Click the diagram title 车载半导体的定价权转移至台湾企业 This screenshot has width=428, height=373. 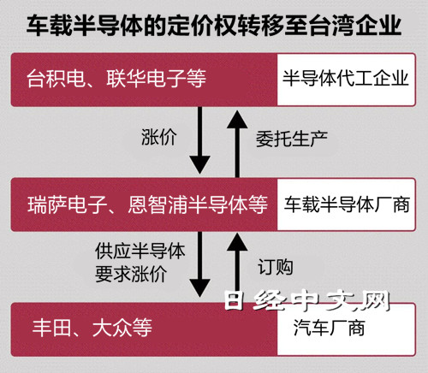[x=214, y=26]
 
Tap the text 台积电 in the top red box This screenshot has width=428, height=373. [x=56, y=78]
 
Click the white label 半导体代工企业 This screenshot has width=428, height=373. [x=346, y=78]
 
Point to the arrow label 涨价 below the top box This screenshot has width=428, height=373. [x=159, y=137]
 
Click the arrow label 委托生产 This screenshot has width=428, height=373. [x=292, y=139]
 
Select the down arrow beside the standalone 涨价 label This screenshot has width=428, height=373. [x=199, y=140]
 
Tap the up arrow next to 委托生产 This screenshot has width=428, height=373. [x=237, y=144]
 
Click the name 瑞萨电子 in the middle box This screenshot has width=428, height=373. [x=68, y=204]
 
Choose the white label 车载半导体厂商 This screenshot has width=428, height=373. [x=347, y=204]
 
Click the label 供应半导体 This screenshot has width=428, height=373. [x=140, y=251]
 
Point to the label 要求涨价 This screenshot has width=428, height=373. [x=131, y=274]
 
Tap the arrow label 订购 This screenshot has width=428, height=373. [x=276, y=267]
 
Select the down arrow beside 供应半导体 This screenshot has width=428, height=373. [x=199, y=264]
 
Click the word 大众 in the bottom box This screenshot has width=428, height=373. [x=112, y=328]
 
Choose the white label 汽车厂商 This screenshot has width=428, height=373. [x=329, y=328]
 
